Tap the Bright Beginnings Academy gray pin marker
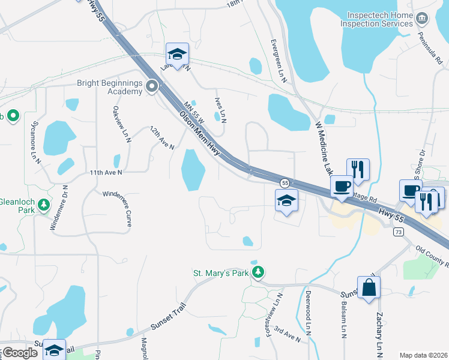point(152,87)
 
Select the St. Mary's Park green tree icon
point(258,274)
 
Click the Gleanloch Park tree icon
point(43,205)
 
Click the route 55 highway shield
point(285,182)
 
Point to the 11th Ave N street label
point(106,172)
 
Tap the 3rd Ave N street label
point(287,335)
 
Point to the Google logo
point(20,352)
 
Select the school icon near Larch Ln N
point(177,54)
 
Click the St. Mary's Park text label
point(220,274)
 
